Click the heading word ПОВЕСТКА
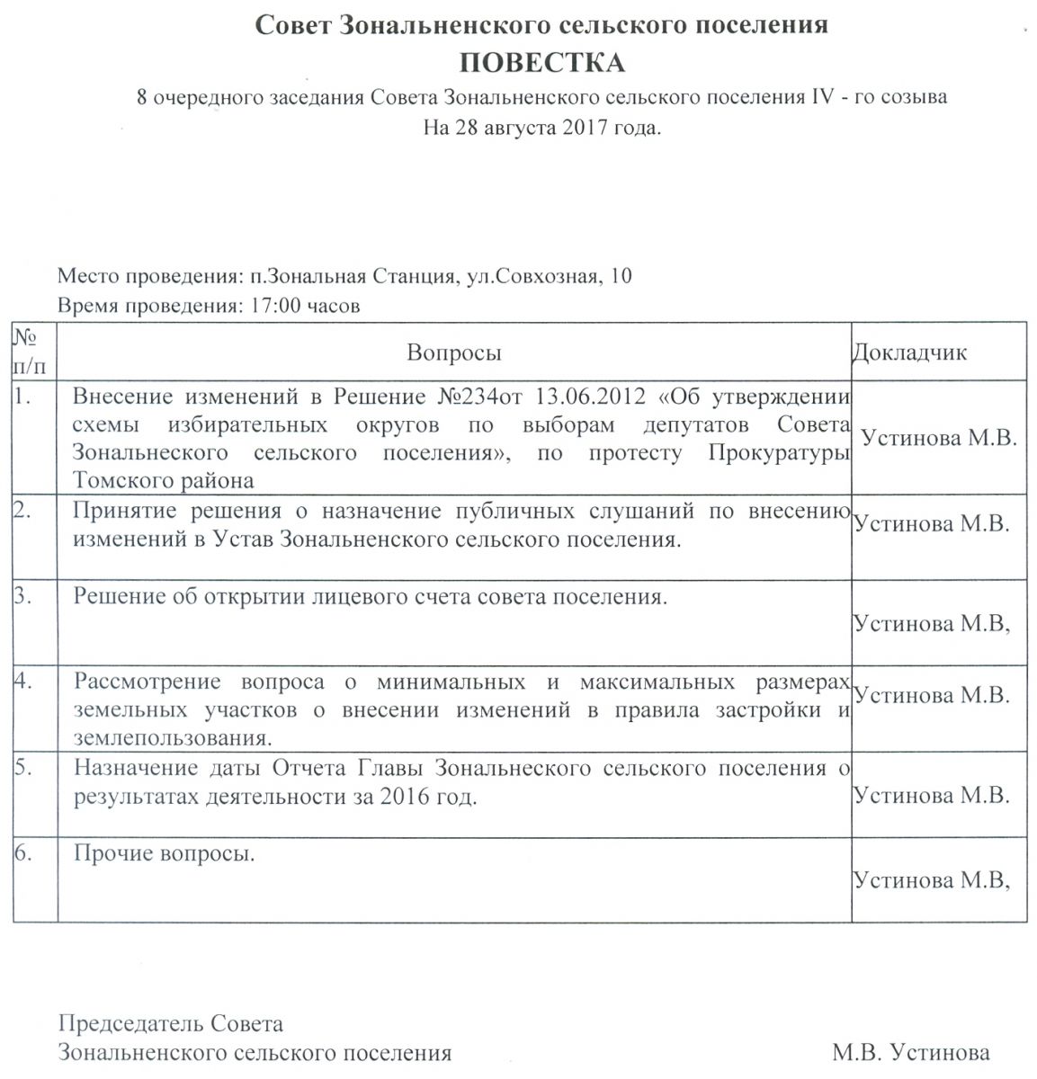pyautogui.click(x=541, y=63)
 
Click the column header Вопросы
pyautogui.click(x=454, y=352)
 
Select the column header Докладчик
pyautogui.click(x=909, y=352)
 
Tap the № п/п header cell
pyautogui.click(x=30, y=352)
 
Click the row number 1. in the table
pyautogui.click(x=23, y=396)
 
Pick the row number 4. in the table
pyautogui.click(x=23, y=681)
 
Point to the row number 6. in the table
pyautogui.click(x=23, y=853)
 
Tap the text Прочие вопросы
pyautogui.click(x=165, y=853)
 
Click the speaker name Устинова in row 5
pyautogui.click(x=902, y=795)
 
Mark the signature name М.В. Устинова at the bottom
pyautogui.click(x=910, y=1052)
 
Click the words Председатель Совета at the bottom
pyautogui.click(x=170, y=1024)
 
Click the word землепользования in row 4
pyautogui.click(x=171, y=739)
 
